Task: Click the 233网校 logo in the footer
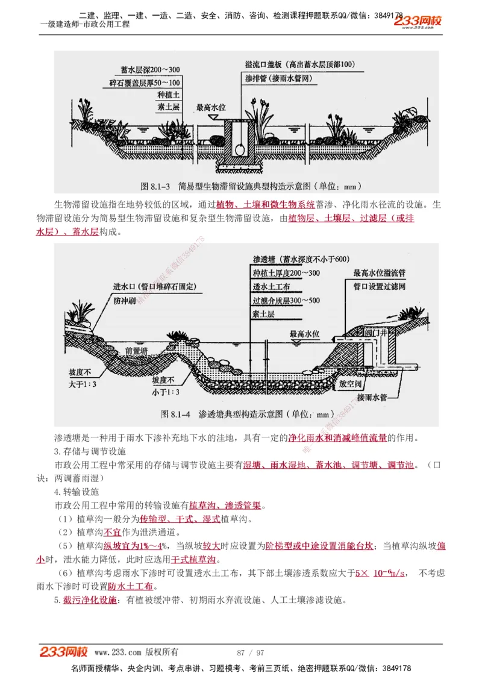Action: point(63,652)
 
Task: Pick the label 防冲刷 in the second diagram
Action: point(125,299)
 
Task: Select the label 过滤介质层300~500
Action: point(286,301)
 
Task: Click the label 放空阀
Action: point(352,382)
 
